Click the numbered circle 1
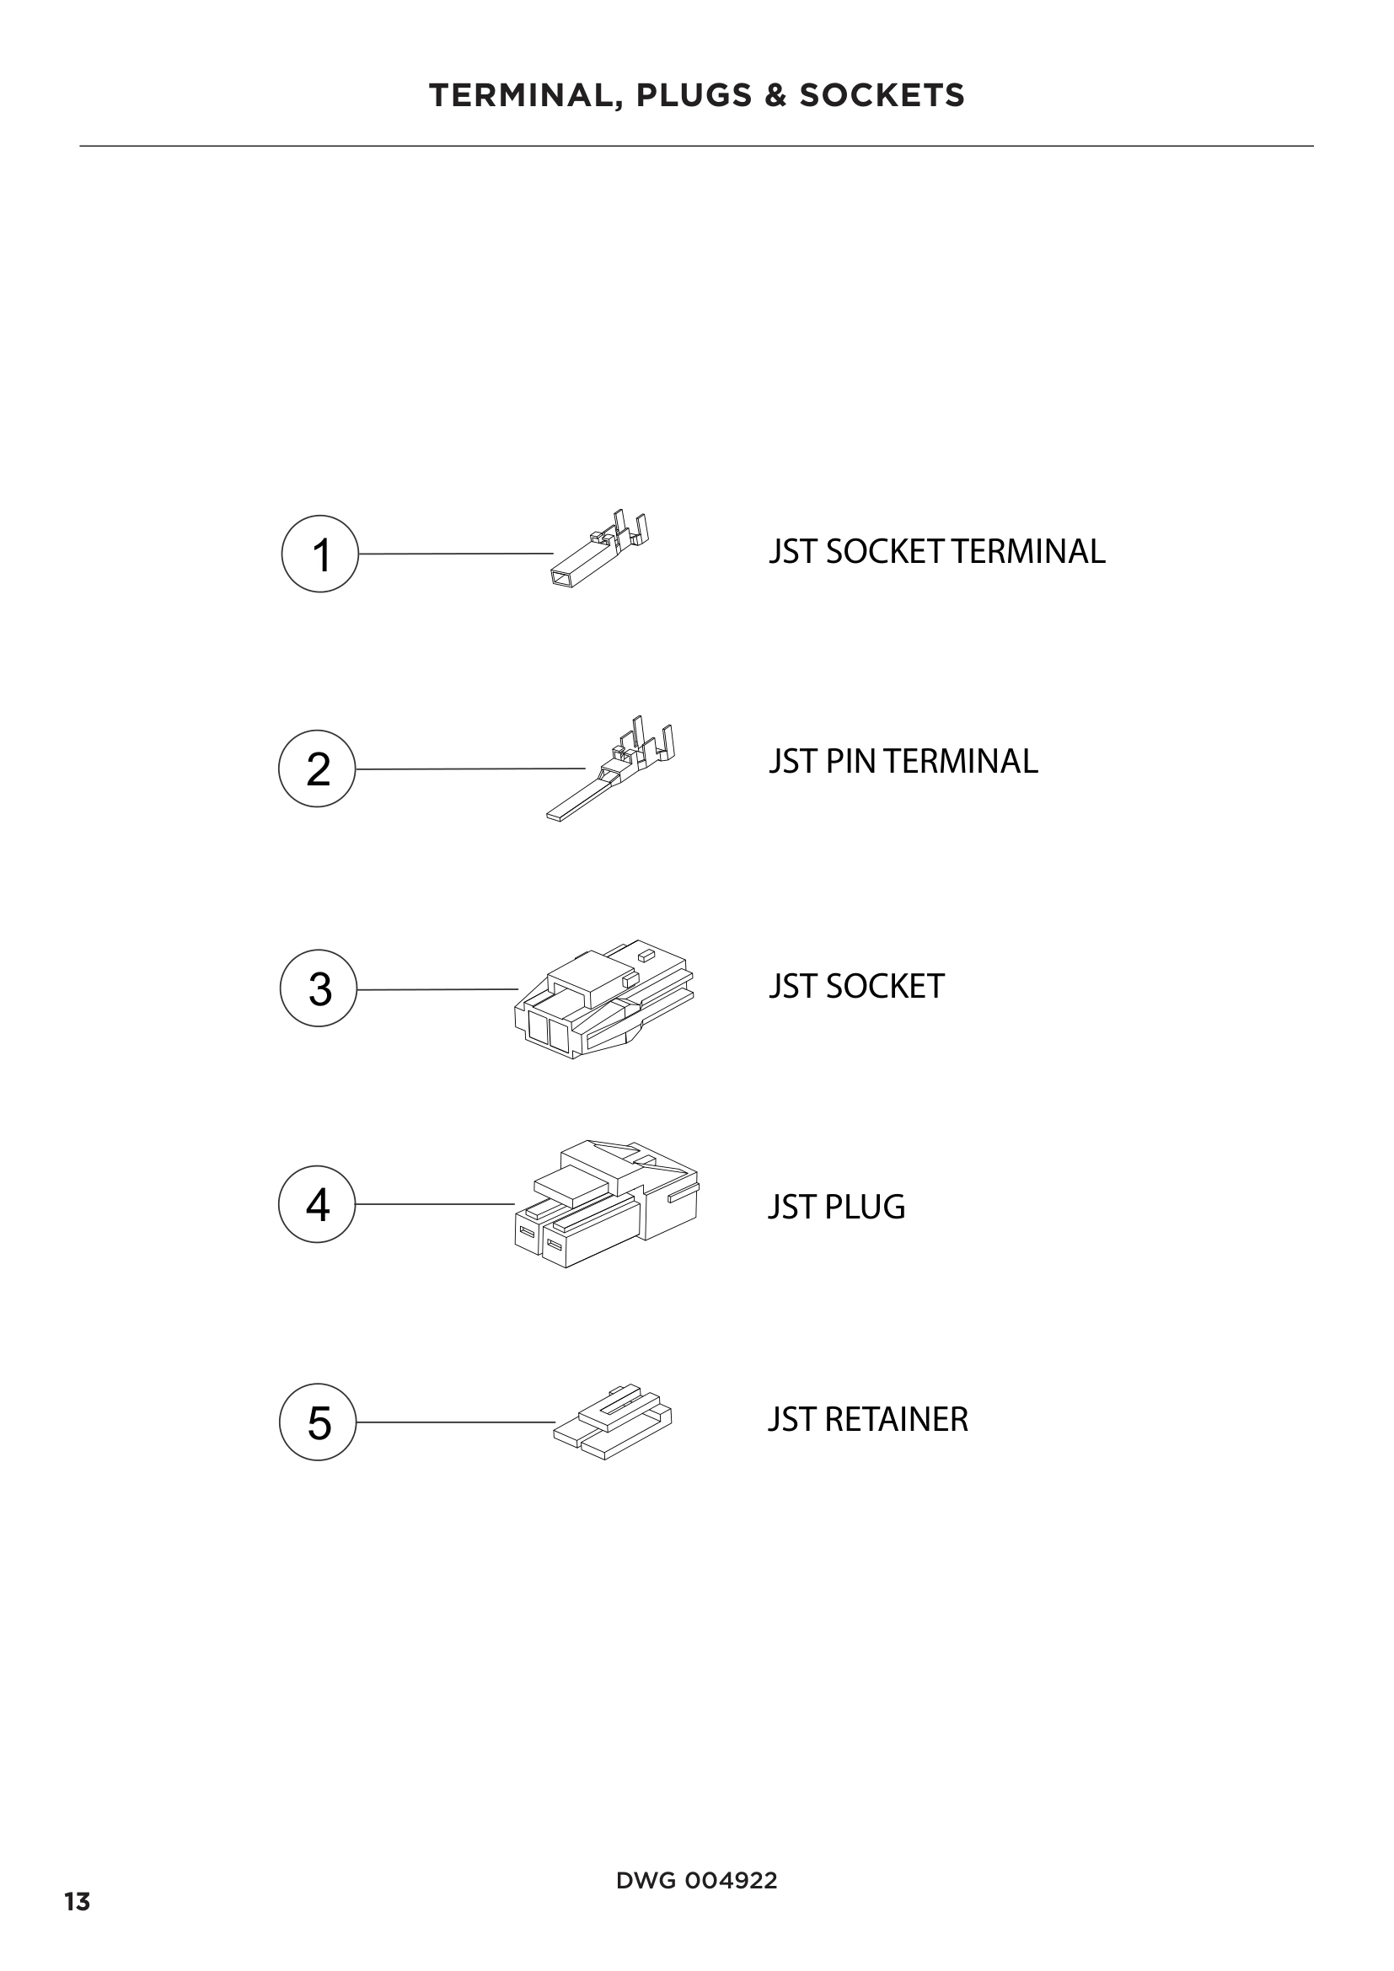pos(319,554)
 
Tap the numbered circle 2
pos(317,769)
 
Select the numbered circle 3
pos(319,988)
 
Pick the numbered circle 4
pos(317,1203)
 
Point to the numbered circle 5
pos(318,1422)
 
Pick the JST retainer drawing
pos(613,1422)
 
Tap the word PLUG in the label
pos(865,1207)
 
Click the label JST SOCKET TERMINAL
pos(936,552)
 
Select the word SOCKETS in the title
pos(882,95)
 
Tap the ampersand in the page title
pos(775,95)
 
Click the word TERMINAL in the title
pos(520,95)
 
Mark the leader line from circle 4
pos(434,1204)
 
